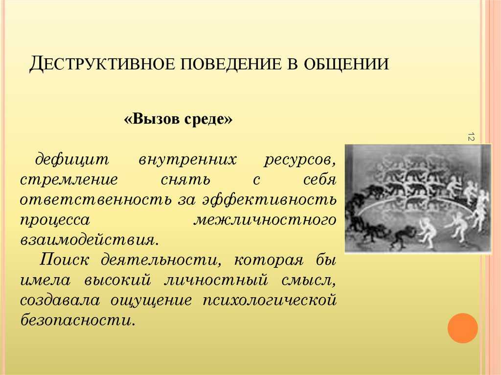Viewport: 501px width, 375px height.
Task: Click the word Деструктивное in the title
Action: (x=102, y=64)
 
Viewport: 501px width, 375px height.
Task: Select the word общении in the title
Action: (x=346, y=64)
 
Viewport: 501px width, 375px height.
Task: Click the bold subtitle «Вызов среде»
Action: (x=178, y=119)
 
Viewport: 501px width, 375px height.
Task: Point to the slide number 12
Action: (x=471, y=136)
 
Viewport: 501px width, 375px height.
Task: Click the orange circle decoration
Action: (x=463, y=328)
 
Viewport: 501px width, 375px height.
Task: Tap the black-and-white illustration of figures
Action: (x=418, y=199)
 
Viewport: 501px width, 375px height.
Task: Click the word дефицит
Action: (x=72, y=159)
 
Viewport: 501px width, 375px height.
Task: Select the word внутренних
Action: (x=187, y=159)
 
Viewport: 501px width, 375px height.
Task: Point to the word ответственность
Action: (x=96, y=199)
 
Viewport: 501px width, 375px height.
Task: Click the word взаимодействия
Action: (x=89, y=240)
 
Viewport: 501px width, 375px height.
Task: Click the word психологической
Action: (x=270, y=301)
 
